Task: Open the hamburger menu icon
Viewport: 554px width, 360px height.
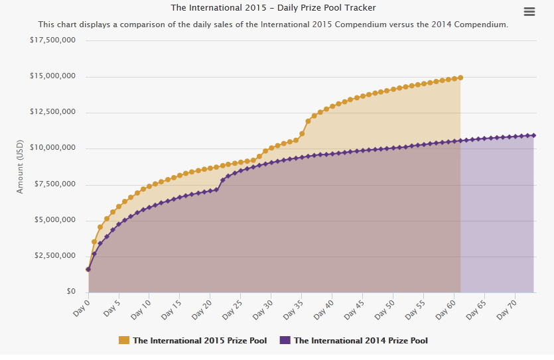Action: [x=529, y=11]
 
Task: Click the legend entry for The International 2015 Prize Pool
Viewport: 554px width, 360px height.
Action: [x=199, y=341]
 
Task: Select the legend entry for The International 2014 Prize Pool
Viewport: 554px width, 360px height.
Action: [x=360, y=341]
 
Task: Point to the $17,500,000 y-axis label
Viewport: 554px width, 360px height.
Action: [x=52, y=40]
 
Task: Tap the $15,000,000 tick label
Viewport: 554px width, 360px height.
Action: [x=52, y=76]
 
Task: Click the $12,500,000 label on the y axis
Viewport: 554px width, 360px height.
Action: [x=52, y=112]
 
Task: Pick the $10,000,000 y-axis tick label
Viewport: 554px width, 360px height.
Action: [x=52, y=148]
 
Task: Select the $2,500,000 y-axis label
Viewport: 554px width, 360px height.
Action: [x=55, y=256]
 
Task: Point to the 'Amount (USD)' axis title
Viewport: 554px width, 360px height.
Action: [x=20, y=167]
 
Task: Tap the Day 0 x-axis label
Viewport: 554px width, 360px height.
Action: [x=81, y=306]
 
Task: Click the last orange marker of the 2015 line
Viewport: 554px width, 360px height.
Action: [x=460, y=78]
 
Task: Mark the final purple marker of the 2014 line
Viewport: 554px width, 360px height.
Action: [x=533, y=135]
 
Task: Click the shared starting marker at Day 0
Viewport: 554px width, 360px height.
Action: [x=88, y=269]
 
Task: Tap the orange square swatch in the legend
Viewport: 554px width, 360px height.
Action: [x=124, y=341]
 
